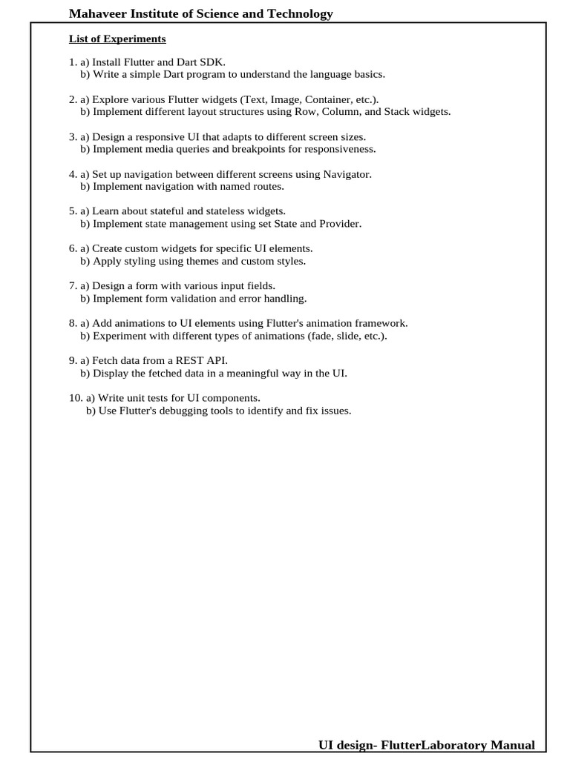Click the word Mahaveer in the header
tap(94, 14)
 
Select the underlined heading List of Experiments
tap(117, 39)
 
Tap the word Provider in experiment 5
tap(341, 224)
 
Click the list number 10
tap(75, 398)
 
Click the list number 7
tap(72, 286)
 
